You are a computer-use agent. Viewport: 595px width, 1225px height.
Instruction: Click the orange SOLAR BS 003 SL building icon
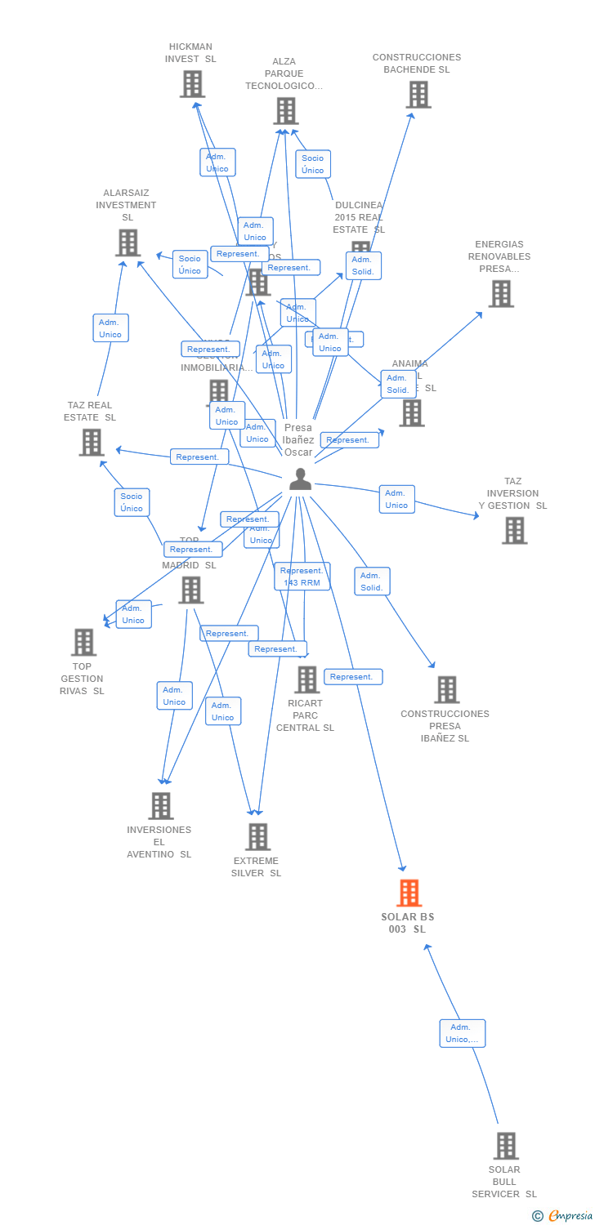pyautogui.click(x=409, y=893)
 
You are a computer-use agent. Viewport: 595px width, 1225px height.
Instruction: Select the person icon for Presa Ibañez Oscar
pyautogui.click(x=300, y=479)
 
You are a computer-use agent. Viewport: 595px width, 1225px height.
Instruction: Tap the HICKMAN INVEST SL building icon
pyautogui.click(x=192, y=84)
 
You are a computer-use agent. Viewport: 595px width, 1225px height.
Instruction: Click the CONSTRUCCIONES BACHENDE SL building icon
pyautogui.click(x=418, y=95)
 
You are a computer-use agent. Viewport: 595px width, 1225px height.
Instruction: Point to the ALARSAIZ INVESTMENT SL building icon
pyautogui.click(x=127, y=243)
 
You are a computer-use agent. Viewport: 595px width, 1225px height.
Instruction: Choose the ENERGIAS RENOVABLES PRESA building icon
pyautogui.click(x=501, y=293)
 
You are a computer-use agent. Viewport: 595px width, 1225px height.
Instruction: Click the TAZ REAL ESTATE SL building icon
pyautogui.click(x=91, y=442)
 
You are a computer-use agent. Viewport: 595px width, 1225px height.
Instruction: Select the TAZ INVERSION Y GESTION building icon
pyautogui.click(x=514, y=531)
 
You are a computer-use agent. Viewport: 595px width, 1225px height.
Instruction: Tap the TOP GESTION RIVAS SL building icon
pyautogui.click(x=83, y=642)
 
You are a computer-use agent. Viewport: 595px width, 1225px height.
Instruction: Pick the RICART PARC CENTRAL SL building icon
pyautogui.click(x=306, y=679)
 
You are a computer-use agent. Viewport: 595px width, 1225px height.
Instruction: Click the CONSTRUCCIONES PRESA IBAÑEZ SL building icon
pyautogui.click(x=446, y=689)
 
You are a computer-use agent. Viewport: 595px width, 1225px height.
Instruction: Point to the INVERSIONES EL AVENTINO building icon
pyautogui.click(x=161, y=806)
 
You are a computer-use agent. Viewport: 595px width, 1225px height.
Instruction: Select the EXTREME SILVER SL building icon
pyautogui.click(x=258, y=836)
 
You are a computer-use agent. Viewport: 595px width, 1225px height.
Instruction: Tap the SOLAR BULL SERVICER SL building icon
pyautogui.click(x=506, y=1146)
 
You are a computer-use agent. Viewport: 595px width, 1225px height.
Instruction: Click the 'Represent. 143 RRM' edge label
pyautogui.click(x=302, y=577)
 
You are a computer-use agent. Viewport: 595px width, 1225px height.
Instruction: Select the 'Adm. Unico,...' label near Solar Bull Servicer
pyautogui.click(x=462, y=1033)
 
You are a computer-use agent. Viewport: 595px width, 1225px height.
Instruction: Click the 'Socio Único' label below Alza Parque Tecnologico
pyautogui.click(x=312, y=164)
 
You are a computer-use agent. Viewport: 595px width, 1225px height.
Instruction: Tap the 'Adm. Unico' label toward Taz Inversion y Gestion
pyautogui.click(x=396, y=499)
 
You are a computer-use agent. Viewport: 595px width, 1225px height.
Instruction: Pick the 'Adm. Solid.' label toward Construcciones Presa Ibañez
pyautogui.click(x=372, y=581)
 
